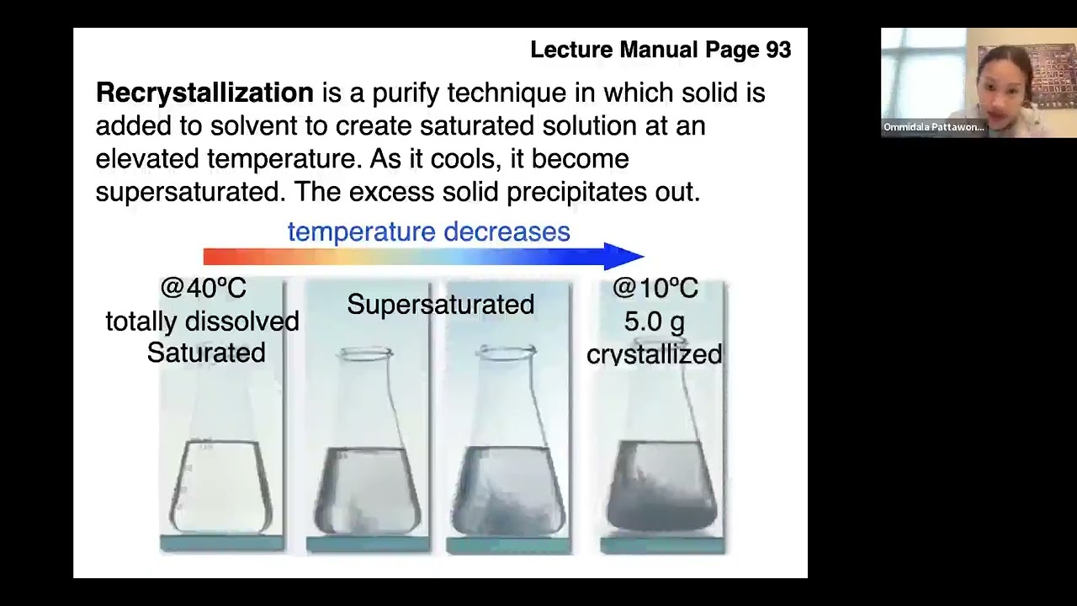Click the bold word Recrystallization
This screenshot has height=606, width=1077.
[204, 93]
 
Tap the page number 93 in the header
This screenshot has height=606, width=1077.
[778, 50]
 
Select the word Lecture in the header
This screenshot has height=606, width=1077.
[572, 50]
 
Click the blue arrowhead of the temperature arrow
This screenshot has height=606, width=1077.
[624, 256]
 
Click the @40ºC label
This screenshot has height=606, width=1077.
[203, 289]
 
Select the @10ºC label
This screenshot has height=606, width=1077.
[655, 289]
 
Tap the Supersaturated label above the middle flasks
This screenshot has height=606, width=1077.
[440, 305]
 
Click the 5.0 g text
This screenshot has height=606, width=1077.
[654, 322]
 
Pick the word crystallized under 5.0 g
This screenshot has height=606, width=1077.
[654, 354]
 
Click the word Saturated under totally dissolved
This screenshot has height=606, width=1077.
[206, 353]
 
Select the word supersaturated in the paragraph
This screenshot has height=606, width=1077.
[188, 192]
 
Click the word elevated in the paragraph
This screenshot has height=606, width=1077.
[148, 159]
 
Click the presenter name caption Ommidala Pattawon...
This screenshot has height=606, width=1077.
[933, 127]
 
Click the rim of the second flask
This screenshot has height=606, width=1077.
[366, 354]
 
